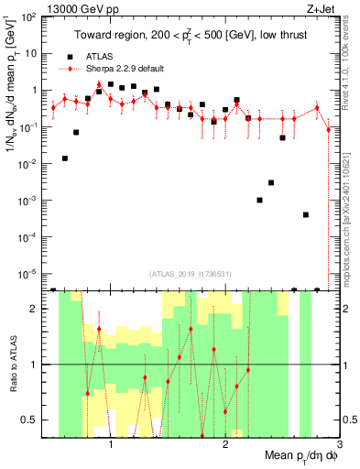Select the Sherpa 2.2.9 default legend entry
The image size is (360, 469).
click(116, 68)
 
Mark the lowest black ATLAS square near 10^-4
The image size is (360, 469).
click(305, 214)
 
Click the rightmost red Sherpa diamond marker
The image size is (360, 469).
click(328, 129)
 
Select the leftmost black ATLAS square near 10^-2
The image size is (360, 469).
click(65, 158)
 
